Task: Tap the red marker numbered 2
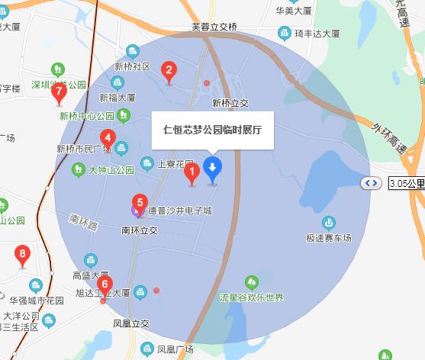(169, 72)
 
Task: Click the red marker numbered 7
(60, 92)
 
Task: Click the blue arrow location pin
(212, 168)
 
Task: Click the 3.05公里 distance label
(406, 183)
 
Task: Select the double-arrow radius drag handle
(372, 183)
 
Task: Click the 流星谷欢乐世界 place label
(252, 297)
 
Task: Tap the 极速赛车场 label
(329, 239)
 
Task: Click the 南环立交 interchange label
(139, 230)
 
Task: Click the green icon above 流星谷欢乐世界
(251, 283)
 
